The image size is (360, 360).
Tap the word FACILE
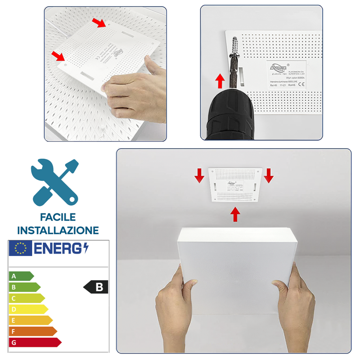(58, 217)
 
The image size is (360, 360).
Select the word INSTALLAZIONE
(58, 230)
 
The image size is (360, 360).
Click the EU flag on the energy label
(21, 248)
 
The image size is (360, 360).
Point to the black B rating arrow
(96, 287)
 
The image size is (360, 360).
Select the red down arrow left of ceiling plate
(198, 175)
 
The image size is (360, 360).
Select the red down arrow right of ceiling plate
(269, 175)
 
